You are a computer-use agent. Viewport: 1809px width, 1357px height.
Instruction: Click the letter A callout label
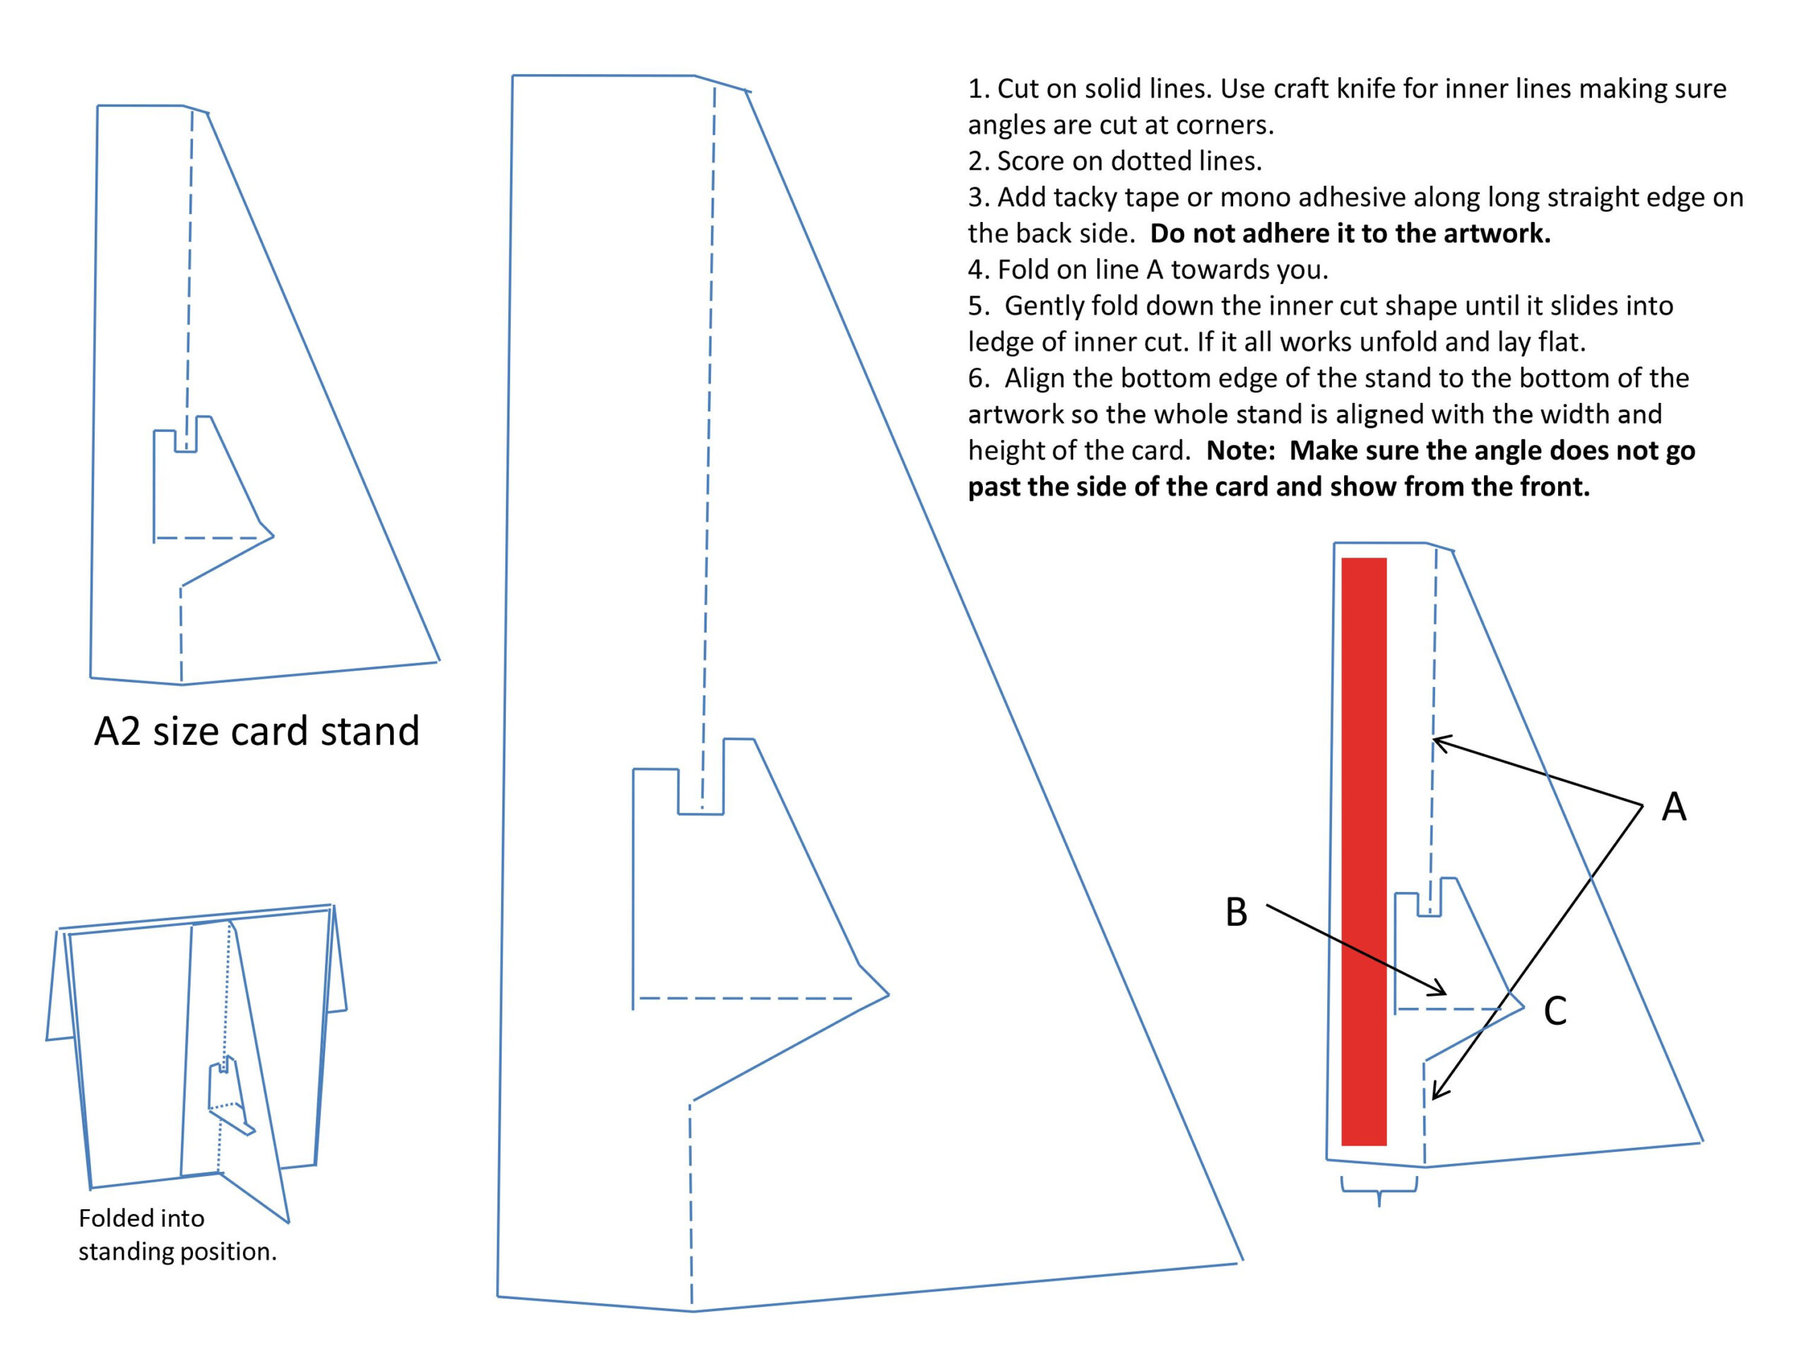pyautogui.click(x=1673, y=807)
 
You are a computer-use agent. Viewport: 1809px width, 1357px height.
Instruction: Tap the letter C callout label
pyautogui.click(x=1555, y=1011)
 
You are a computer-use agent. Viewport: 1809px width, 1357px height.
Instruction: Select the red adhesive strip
pyautogui.click(x=1363, y=851)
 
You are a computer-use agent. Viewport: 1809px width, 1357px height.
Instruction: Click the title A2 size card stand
pyautogui.click(x=256, y=730)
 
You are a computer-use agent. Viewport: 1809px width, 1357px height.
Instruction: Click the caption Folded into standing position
pyautogui.click(x=177, y=1234)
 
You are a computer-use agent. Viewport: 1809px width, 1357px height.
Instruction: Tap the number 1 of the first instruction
pyautogui.click(x=975, y=88)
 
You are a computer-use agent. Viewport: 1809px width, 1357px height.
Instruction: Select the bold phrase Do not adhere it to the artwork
pyautogui.click(x=1350, y=234)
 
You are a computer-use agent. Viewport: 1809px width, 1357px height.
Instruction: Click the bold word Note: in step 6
pyautogui.click(x=1240, y=451)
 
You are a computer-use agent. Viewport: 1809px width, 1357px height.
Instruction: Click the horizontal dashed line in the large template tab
pyautogui.click(x=744, y=999)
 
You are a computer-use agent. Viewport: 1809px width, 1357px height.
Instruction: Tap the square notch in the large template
pyautogui.click(x=701, y=791)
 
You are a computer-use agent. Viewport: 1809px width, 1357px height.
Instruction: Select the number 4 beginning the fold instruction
pyautogui.click(x=976, y=270)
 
